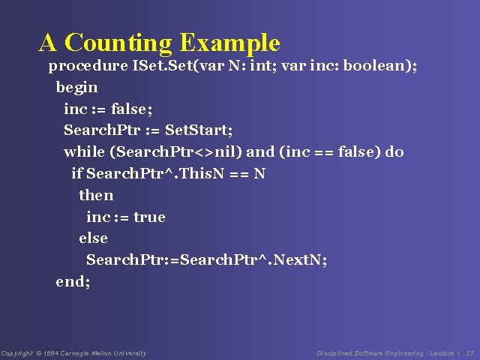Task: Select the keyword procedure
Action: pyautogui.click(x=88, y=66)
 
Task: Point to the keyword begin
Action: pyautogui.click(x=76, y=88)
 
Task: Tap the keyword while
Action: pyautogui.click(x=84, y=152)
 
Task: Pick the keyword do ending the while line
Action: pyautogui.click(x=394, y=152)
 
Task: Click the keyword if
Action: pyautogui.click(x=76, y=174)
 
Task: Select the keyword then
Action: pyautogui.click(x=96, y=196)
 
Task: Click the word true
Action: pyautogui.click(x=149, y=217)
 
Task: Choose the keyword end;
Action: pyautogui.click(x=73, y=282)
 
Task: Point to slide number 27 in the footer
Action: pyautogui.click(x=470, y=353)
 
